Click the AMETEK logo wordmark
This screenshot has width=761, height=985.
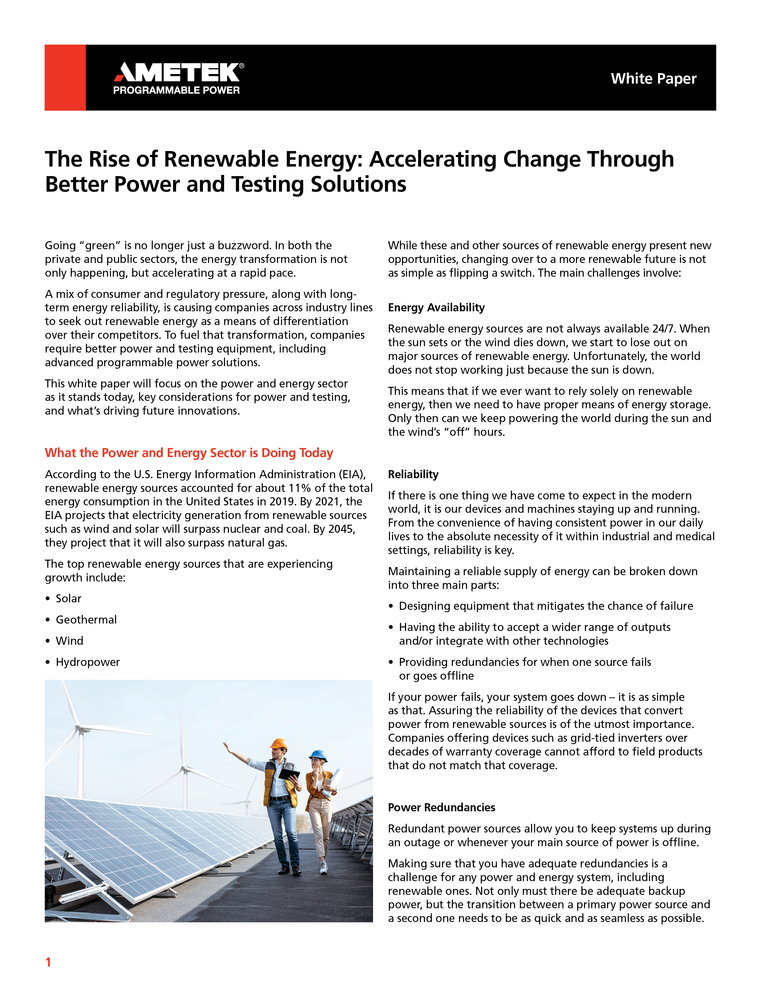click(178, 72)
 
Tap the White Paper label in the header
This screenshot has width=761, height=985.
click(653, 79)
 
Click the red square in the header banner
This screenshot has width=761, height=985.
click(65, 78)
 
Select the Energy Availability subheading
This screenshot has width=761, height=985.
click(436, 307)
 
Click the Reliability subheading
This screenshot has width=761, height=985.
click(413, 475)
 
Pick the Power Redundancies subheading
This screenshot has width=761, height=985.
click(441, 807)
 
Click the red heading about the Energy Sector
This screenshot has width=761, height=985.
click(189, 453)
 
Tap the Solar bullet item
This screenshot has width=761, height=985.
click(69, 598)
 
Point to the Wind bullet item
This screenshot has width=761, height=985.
click(70, 641)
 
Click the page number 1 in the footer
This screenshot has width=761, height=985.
click(48, 962)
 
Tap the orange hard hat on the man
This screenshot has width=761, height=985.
click(279, 743)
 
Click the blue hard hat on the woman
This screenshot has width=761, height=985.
click(318, 755)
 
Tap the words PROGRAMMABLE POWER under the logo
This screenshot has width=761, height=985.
click(176, 90)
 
